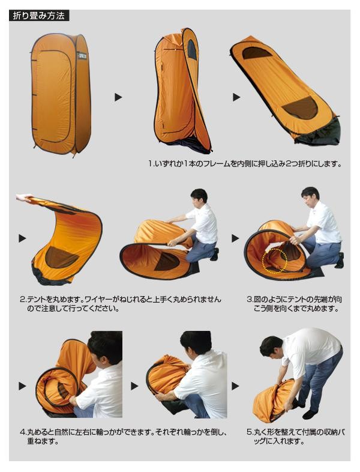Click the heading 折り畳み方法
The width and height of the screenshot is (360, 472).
pos(39,16)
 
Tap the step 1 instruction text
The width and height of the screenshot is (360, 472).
pos(245,164)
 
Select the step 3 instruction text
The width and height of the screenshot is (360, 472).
pos(294,304)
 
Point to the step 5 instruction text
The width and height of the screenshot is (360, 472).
pos(295,437)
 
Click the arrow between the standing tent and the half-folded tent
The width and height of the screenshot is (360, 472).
pos(118,97)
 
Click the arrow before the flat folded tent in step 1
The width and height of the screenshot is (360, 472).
pos(236,97)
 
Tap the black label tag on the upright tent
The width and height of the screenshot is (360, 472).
pos(81,56)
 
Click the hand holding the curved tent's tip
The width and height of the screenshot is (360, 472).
pos(24,198)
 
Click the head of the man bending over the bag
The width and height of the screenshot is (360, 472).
pos(272,345)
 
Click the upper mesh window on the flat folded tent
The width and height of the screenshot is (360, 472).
pos(257,53)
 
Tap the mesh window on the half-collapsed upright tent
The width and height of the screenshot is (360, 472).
pos(192,49)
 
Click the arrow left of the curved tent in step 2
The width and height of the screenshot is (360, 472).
pos(22,238)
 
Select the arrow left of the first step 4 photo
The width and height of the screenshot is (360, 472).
pos(22,386)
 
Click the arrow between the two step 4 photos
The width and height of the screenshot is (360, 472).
pos(134,386)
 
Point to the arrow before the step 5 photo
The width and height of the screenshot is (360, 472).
pos(235,386)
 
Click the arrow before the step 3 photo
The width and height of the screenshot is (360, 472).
pos(235,238)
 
